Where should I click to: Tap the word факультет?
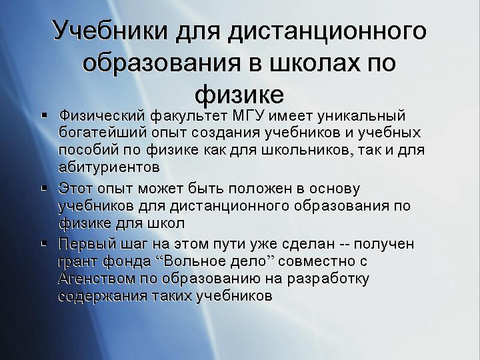[x=189, y=117]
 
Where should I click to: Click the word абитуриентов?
[x=109, y=167]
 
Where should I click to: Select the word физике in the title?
[x=239, y=94]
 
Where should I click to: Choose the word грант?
[x=77, y=262]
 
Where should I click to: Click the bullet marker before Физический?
[x=45, y=116]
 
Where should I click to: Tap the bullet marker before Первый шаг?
[x=45, y=244]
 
